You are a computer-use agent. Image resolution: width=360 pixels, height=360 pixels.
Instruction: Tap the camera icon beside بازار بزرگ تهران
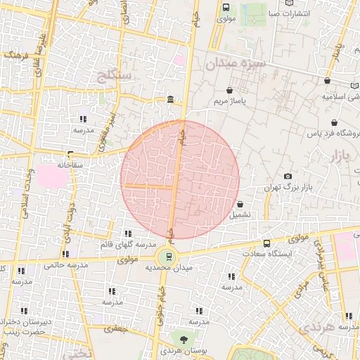coord(287,176)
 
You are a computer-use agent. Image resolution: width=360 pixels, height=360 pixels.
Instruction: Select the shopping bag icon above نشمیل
coord(240,204)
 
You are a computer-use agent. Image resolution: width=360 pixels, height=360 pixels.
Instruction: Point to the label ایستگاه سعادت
coord(264,252)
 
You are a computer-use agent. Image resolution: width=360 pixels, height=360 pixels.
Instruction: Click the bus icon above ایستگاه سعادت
coord(265,242)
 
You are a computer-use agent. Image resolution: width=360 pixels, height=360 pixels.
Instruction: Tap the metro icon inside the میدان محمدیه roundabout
coord(168,257)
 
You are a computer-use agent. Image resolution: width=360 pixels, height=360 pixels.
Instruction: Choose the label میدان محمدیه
coord(168,269)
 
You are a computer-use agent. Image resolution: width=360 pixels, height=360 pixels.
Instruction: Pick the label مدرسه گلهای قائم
coord(127,244)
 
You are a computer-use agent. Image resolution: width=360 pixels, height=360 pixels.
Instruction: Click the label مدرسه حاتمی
coord(65,265)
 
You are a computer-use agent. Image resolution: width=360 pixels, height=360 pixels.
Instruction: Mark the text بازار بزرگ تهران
coord(287,187)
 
